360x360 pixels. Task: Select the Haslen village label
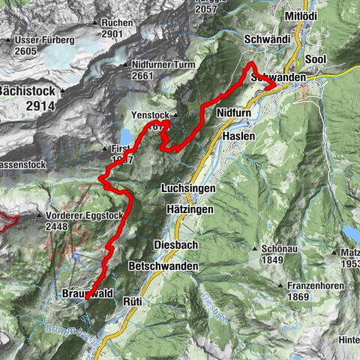tap(238, 136)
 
